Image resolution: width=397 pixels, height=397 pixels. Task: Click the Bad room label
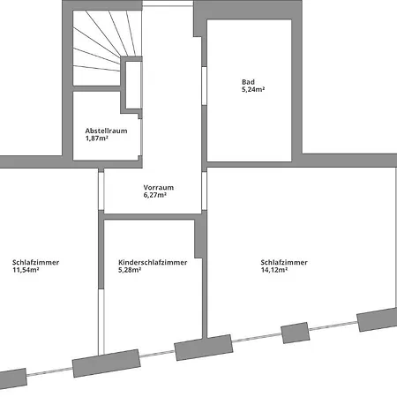coord(248,82)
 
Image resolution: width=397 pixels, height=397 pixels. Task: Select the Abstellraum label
coord(101,131)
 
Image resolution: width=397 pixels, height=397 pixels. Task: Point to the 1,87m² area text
coord(96,139)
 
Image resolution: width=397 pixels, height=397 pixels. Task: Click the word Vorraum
coord(158,188)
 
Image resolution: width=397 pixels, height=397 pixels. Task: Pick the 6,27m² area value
coord(155,195)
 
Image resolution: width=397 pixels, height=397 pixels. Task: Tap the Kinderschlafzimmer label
coord(152,263)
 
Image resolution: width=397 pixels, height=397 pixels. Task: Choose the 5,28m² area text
coord(131,270)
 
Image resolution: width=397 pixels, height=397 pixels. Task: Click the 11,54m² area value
coord(26,270)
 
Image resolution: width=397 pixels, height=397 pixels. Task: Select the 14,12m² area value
coord(275,270)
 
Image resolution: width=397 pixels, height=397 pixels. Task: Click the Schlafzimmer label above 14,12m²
coord(284,262)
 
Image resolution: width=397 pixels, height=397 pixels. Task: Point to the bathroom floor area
coord(249,124)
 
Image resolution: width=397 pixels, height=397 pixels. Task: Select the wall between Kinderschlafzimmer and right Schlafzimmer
coord(202,282)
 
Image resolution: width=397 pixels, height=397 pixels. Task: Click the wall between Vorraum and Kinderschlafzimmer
coord(150,217)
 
